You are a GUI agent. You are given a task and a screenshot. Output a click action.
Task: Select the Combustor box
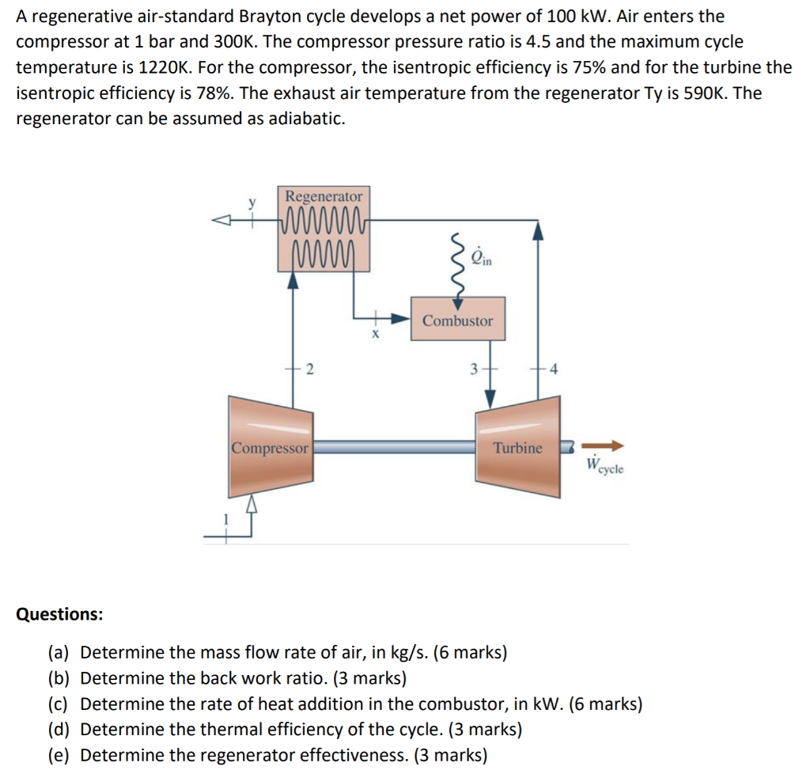click(x=457, y=320)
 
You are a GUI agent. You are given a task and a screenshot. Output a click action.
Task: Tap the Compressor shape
click(x=270, y=447)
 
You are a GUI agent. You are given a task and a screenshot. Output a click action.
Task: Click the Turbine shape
click(x=517, y=447)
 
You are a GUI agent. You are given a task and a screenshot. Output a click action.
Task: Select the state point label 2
click(x=309, y=368)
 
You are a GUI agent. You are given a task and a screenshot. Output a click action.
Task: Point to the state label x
click(x=377, y=334)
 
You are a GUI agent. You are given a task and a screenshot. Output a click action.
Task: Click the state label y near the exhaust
click(x=253, y=203)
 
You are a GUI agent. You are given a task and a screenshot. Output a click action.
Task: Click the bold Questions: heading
click(x=59, y=614)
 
